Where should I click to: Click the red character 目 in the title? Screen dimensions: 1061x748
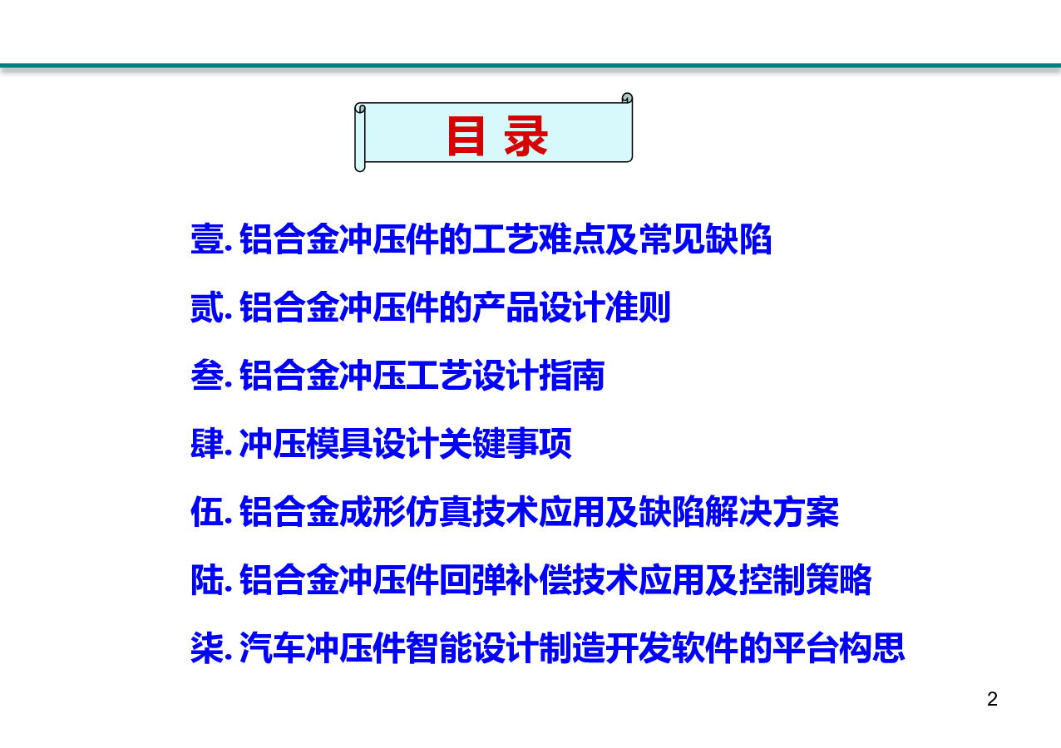[466, 136]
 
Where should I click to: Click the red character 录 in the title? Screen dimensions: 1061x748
[526, 136]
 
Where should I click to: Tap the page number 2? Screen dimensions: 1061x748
[992, 699]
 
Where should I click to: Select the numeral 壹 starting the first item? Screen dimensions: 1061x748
[207, 239]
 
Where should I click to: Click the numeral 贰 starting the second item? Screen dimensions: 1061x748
[207, 308]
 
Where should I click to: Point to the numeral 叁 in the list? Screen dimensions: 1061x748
[207, 376]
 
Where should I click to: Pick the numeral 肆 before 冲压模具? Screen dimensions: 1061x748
[207, 444]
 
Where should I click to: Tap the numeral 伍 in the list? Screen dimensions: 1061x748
[207, 512]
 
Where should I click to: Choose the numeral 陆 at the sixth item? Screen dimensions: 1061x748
[207, 580]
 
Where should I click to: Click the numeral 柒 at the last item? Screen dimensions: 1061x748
[207, 648]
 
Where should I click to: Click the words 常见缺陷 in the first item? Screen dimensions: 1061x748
[705, 239]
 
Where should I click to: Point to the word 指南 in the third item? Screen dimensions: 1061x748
[572, 376]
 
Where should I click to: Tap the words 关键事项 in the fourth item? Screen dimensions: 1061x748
[506, 444]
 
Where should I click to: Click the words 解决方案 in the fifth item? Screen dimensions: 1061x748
[772, 512]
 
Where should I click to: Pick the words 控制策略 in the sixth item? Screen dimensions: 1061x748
[805, 580]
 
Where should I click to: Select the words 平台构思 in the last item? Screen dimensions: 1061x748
[838, 648]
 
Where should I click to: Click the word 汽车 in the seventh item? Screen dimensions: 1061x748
[273, 648]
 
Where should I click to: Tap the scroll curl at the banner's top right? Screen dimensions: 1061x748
[627, 98]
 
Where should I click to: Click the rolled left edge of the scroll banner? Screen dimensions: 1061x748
[360, 137]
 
